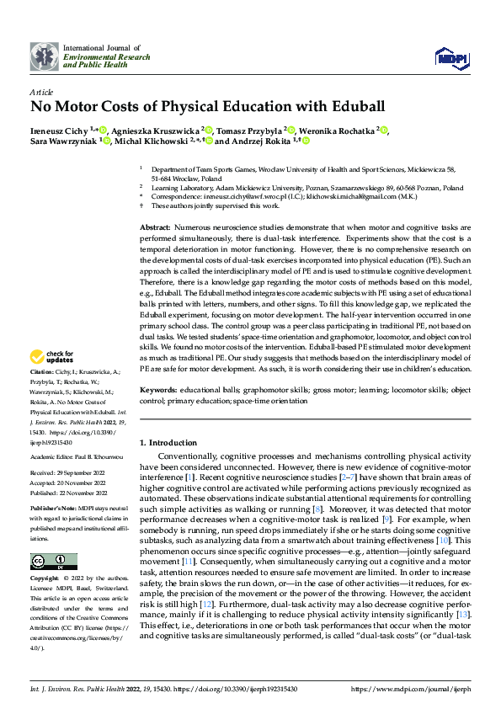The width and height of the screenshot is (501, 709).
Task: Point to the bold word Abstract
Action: [154, 228]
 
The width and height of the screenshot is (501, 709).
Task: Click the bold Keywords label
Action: [157, 391]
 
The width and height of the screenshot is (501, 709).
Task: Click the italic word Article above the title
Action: [40, 91]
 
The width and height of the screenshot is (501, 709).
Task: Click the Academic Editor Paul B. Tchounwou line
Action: [77, 456]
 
